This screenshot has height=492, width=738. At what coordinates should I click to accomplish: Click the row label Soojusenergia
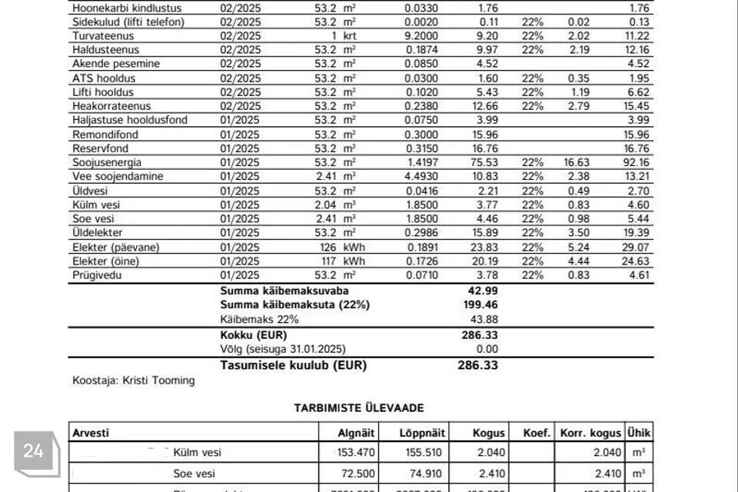pyautogui.click(x=107, y=162)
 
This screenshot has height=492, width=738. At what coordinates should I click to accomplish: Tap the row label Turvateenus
pyautogui.click(x=103, y=36)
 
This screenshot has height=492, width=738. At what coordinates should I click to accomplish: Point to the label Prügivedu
pyautogui.click(x=97, y=274)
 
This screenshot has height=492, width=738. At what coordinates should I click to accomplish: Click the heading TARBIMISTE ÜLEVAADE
pyautogui.click(x=359, y=407)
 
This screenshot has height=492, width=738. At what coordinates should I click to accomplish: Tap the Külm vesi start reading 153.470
pyautogui.click(x=355, y=453)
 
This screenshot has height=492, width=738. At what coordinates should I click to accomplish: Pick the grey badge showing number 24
pyautogui.click(x=34, y=451)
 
